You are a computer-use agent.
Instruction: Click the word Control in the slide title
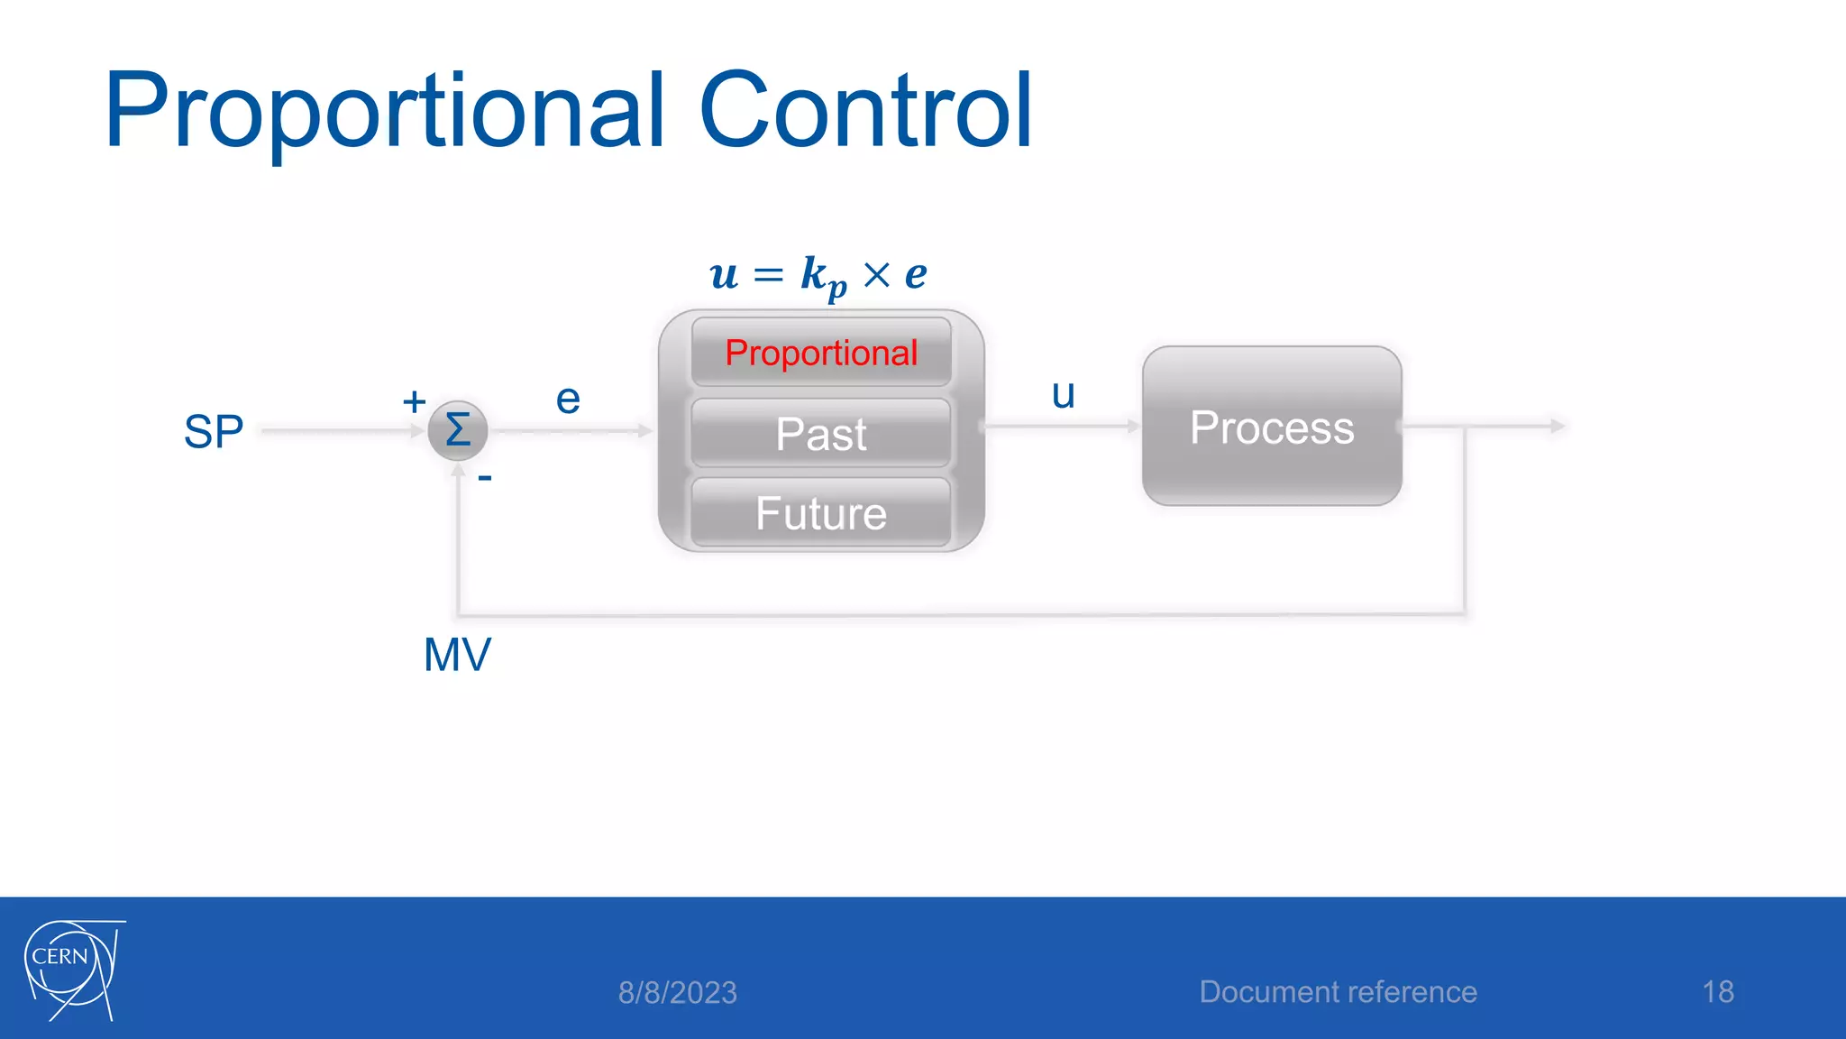[865, 112]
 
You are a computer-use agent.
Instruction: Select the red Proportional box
[821, 353]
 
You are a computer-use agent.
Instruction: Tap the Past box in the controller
[821, 434]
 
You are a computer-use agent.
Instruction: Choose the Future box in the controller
[821, 513]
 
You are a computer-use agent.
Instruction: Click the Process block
[1272, 427]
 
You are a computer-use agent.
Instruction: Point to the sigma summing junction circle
[458, 430]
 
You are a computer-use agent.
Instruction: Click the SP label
[214, 432]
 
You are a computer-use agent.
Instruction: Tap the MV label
[457, 655]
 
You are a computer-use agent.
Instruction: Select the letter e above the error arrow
[568, 400]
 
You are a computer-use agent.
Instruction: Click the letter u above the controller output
[1064, 394]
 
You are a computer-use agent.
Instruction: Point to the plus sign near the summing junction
[414, 401]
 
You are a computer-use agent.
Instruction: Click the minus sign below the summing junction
[485, 478]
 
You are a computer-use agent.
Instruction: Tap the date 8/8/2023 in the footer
[678, 993]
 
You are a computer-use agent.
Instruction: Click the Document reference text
[1338, 992]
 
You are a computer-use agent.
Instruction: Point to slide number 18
[1718, 992]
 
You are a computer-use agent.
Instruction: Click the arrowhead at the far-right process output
[1558, 426]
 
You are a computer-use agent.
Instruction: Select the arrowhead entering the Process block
[1134, 426]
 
